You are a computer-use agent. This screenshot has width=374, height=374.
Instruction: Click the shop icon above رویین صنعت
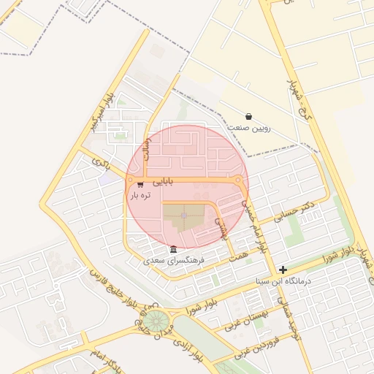pyautogui.click(x=249, y=116)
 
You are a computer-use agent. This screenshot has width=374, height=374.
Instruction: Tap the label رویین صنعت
pyautogui.click(x=251, y=128)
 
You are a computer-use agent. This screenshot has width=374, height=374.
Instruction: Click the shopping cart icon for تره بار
pyautogui.click(x=140, y=185)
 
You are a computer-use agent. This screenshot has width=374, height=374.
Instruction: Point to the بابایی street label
pyautogui.click(x=159, y=178)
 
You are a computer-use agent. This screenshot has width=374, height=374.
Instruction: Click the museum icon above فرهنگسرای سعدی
pyautogui.click(x=173, y=249)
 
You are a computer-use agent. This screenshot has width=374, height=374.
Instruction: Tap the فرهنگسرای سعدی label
pyautogui.click(x=175, y=260)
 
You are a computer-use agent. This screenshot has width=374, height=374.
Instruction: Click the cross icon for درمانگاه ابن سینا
pyautogui.click(x=283, y=270)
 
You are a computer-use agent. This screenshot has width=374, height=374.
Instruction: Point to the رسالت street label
pyautogui.click(x=150, y=142)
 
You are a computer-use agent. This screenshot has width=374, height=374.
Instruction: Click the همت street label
pyautogui.click(x=238, y=251)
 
